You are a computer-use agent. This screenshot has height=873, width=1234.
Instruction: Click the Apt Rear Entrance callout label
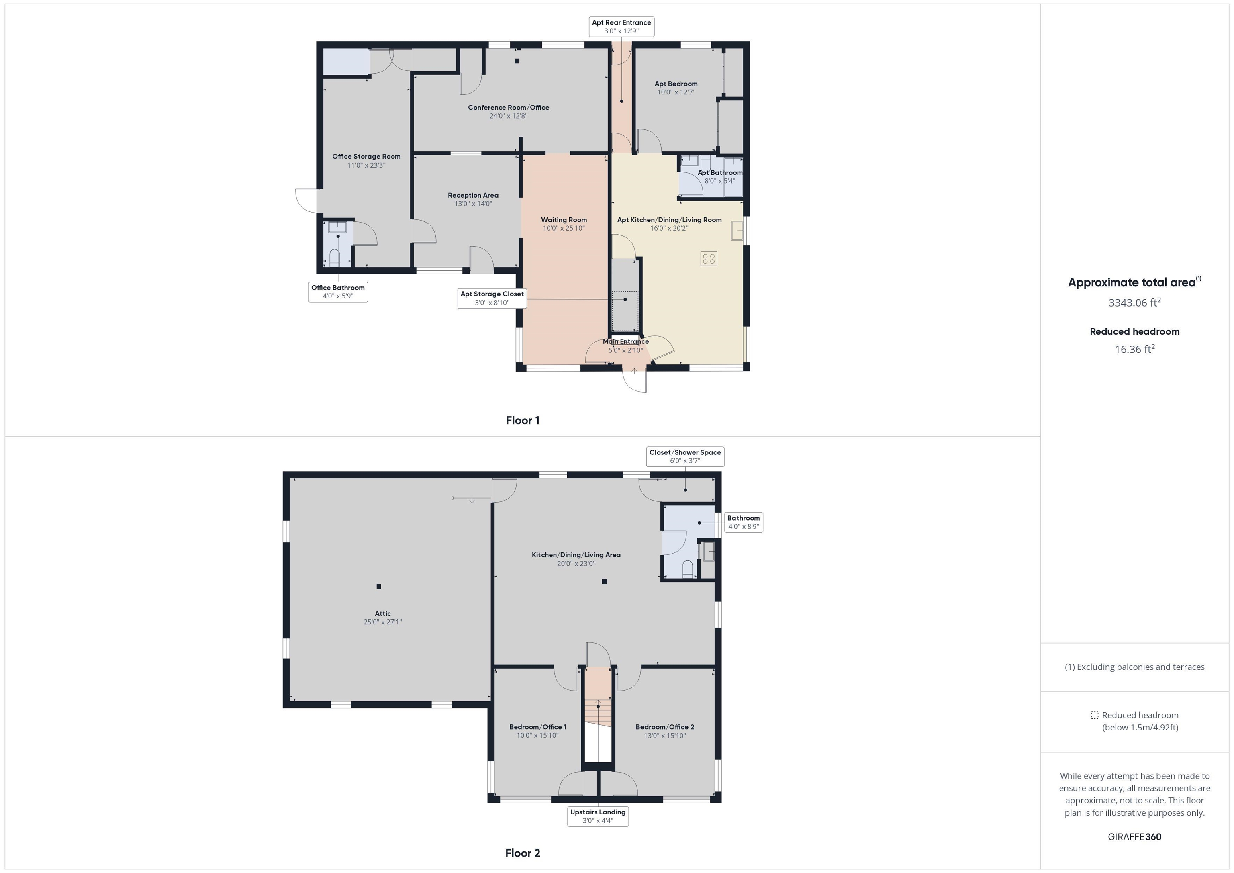pos(621,27)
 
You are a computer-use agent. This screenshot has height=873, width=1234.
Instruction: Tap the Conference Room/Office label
pos(509,108)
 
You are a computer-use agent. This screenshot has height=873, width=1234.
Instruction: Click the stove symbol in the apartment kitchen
pos(708,259)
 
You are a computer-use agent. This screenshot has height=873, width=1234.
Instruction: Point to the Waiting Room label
pos(564,220)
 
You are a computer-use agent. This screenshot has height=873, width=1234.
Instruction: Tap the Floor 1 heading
pos(523,420)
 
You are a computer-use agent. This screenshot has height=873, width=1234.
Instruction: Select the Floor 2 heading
pos(523,853)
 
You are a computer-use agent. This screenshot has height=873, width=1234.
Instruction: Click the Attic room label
pos(383,613)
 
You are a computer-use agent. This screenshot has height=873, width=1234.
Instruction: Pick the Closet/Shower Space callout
pos(685,456)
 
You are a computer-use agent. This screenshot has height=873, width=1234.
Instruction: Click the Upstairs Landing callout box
pos(598,816)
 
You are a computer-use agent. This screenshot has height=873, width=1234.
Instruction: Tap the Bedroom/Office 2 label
pos(665,727)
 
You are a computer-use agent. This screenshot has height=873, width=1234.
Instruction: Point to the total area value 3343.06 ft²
pos(1134,303)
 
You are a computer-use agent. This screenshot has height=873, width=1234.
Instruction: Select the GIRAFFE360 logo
pos(1134,836)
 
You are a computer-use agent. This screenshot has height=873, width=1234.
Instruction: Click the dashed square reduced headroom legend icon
pos(1094,715)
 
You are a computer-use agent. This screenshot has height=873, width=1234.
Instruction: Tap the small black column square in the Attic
pos(379,587)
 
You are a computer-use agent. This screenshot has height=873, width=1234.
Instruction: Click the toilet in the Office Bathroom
pos(334,258)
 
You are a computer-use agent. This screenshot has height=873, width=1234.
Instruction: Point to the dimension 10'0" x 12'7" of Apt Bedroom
pos(676,92)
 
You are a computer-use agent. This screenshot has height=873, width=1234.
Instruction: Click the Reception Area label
pos(473,195)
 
